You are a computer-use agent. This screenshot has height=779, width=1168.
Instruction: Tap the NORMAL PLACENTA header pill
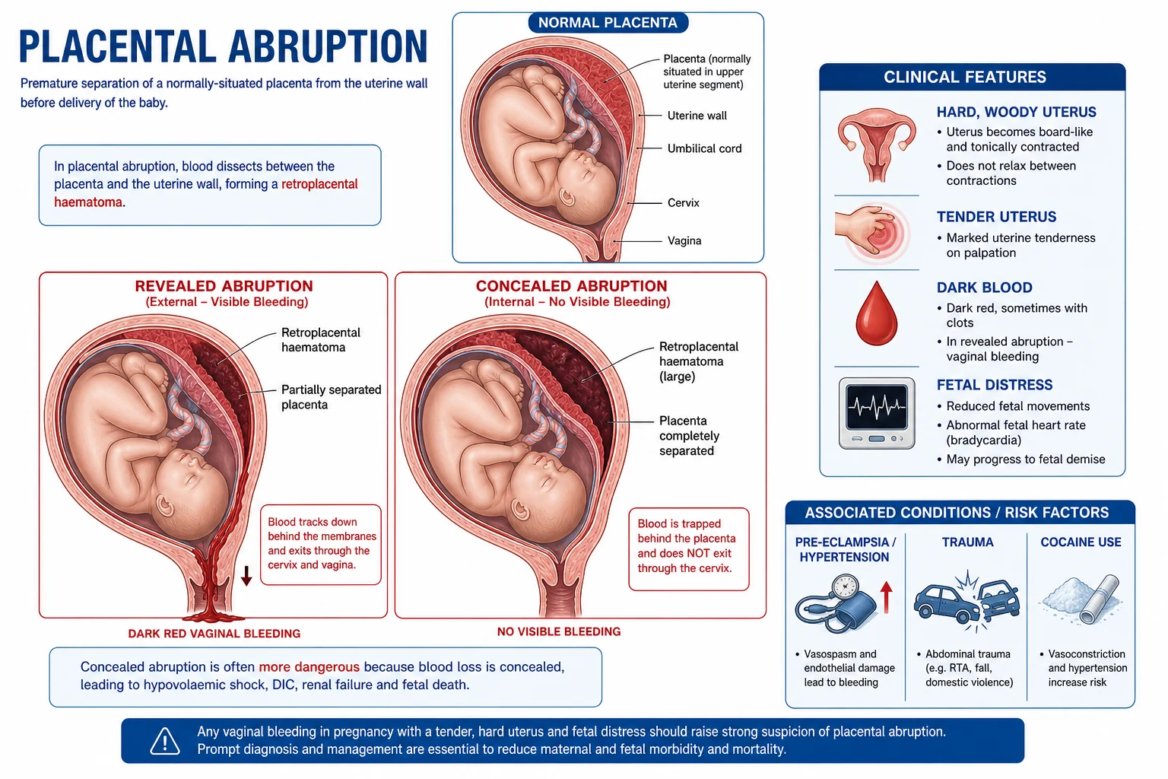608,22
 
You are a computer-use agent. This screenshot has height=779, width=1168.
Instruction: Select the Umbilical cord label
704,148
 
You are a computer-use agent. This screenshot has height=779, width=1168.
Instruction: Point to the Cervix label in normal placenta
683,203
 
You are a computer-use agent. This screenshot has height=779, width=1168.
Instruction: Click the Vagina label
684,241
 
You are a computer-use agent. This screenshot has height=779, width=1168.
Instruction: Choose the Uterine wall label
697,116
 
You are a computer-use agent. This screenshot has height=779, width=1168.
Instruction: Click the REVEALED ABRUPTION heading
224,286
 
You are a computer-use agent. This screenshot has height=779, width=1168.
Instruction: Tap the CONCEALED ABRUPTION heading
572,286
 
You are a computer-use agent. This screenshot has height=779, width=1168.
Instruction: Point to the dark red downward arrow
246,576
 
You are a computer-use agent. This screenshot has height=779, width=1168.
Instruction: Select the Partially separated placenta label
331,397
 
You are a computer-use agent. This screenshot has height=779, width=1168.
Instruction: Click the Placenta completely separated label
690,436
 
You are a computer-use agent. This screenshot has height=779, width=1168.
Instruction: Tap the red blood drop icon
877,313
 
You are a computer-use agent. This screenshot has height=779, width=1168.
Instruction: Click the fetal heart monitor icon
877,413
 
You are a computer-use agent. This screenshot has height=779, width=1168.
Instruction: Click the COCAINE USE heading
1081,542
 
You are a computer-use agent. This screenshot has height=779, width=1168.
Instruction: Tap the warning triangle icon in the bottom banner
165,742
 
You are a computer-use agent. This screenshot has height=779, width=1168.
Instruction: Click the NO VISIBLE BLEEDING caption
559,632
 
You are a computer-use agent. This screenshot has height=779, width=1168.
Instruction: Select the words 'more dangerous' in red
309,667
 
